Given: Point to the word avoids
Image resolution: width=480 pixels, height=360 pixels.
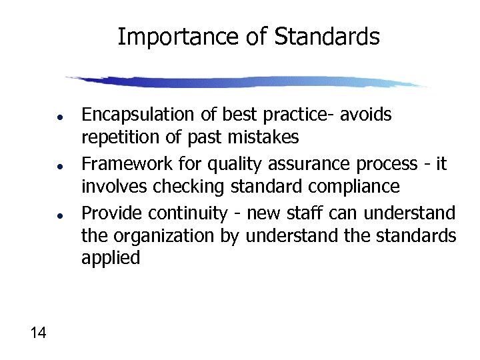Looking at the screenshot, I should pos(366,115).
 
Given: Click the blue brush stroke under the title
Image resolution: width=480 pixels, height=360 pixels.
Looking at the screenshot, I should pos(247,82).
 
